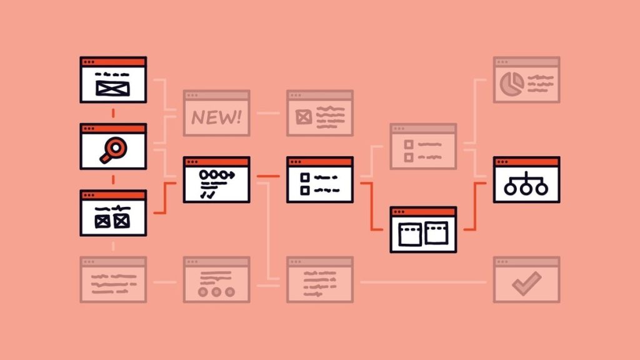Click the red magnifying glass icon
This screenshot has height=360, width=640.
point(113,150)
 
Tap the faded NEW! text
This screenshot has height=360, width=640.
point(216,117)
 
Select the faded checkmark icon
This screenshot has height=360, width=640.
point(526,283)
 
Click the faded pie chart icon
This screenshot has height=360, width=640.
point(512,84)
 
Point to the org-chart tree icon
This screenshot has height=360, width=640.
point(526,183)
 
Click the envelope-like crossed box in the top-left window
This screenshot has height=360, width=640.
point(112,89)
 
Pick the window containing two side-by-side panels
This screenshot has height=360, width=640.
point(423,229)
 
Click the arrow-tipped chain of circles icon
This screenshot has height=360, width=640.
point(217,176)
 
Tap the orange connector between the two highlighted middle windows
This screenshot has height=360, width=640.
point(268,176)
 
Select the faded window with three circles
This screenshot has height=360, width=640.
point(216,279)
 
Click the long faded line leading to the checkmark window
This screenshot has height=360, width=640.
point(423,282)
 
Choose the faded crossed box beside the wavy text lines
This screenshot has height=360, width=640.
point(303,117)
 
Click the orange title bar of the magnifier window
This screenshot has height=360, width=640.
point(113,129)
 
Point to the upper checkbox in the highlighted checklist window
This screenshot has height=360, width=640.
point(305,177)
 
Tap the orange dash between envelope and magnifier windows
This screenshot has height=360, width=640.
point(113,113)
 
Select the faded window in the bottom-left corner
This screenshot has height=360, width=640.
point(113,279)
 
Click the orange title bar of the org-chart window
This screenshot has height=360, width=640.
point(526,162)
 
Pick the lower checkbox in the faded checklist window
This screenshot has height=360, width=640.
point(409,157)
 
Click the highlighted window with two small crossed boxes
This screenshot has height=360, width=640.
point(113,212)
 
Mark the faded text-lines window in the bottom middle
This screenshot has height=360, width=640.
point(319,279)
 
